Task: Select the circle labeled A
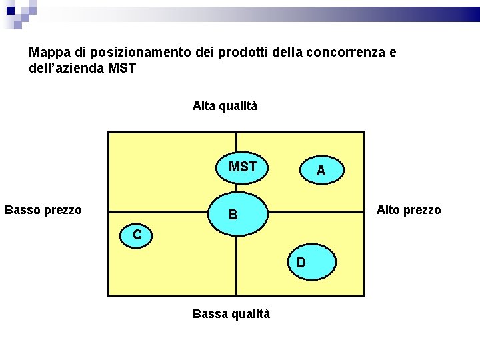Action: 321,171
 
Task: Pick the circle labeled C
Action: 137,235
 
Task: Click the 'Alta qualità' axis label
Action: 225,106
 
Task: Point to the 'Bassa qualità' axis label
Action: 231,313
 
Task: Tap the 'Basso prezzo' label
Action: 43,210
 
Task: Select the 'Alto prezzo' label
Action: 409,210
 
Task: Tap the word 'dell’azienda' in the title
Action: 66,68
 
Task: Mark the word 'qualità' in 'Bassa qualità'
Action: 249,313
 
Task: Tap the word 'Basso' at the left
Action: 22,210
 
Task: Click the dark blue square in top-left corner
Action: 11,10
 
